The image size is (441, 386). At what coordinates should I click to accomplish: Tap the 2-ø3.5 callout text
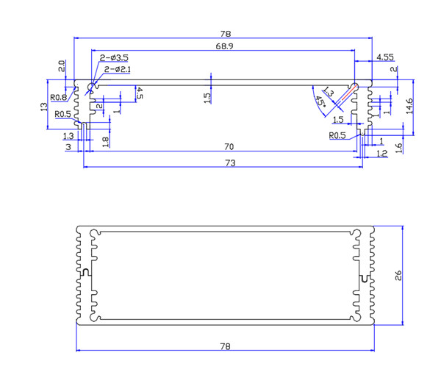115,57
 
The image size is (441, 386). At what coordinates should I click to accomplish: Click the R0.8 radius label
59,97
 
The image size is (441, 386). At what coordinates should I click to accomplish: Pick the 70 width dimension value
229,147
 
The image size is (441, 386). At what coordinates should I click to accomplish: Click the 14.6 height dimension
409,107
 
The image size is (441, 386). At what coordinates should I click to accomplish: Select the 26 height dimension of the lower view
398,276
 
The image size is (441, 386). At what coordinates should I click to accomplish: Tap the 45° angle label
319,102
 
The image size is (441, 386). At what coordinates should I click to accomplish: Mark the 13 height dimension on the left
44,107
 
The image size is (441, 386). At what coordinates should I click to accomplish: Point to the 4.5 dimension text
140,93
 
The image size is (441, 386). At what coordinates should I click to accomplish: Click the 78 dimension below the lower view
225,346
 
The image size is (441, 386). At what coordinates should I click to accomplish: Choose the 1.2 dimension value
381,154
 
